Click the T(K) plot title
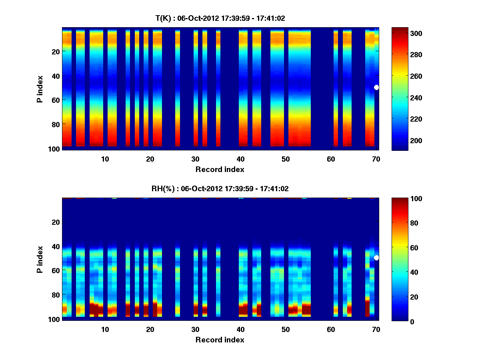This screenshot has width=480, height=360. click(x=220, y=18)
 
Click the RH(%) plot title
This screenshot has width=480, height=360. click(x=220, y=188)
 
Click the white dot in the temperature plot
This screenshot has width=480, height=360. click(x=376, y=87)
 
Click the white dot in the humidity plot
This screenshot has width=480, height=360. click(x=376, y=258)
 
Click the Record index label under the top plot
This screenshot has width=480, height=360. click(x=220, y=169)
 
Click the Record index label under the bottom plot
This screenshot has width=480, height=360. click(x=220, y=340)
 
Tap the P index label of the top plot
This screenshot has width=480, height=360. click(x=40, y=89)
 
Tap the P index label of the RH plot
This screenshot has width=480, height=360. click(x=40, y=259)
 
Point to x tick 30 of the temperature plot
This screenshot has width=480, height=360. click(x=195, y=158)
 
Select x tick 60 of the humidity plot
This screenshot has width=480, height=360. click(x=331, y=329)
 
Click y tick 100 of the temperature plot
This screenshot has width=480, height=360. click(x=55, y=149)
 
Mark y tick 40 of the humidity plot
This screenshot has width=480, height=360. click(x=56, y=246)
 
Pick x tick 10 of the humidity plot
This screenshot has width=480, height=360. click(x=105, y=329)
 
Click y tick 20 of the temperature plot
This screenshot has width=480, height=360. click(x=56, y=51)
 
